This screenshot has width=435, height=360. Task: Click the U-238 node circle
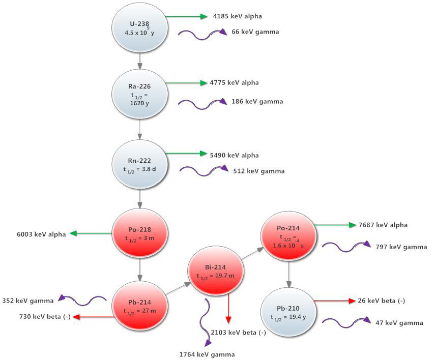pos(139,27)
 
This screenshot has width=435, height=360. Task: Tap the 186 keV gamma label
pos(257,102)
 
